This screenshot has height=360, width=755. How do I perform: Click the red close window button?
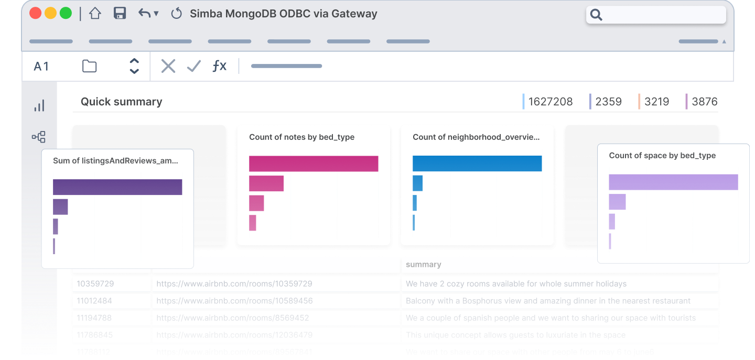(36, 14)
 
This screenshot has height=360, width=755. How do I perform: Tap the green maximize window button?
(66, 14)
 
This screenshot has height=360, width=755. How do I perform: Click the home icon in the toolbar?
(95, 14)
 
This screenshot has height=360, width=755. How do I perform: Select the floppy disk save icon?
(120, 14)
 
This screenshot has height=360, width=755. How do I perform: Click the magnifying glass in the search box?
(596, 15)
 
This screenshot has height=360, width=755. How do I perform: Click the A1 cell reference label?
(41, 67)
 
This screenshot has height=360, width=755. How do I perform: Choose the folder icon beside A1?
(90, 66)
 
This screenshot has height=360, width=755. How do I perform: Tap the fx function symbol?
(219, 66)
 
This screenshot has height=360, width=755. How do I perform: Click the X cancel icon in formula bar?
(168, 66)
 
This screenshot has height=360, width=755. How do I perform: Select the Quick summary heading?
(121, 102)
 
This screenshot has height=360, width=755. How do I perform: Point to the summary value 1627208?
(551, 102)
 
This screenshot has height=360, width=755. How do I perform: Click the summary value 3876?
(704, 102)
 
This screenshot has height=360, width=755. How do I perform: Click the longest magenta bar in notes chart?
(314, 163)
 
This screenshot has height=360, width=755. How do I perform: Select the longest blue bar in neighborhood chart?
(477, 163)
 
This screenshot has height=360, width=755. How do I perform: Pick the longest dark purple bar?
(117, 187)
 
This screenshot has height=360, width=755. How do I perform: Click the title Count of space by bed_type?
(662, 156)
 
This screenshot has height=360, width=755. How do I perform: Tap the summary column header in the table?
(424, 265)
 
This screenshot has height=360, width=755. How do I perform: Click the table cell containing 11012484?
(94, 301)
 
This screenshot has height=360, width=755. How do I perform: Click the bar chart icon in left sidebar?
(39, 106)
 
